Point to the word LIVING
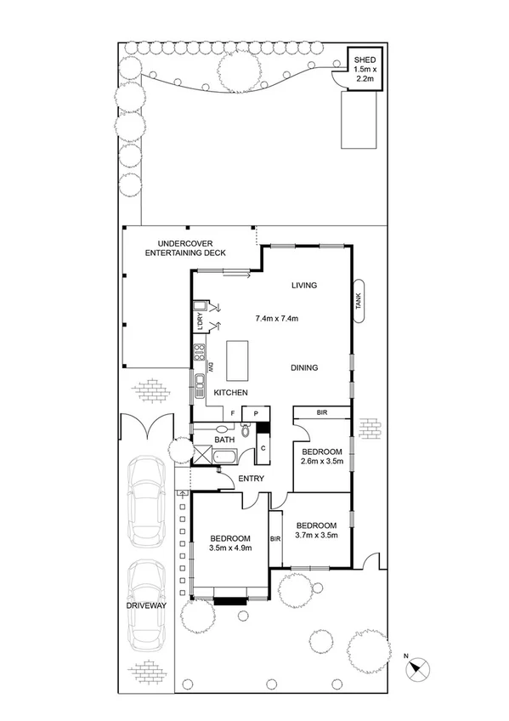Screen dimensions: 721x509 303,286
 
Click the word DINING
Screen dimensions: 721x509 303,368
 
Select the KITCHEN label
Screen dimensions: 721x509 230,393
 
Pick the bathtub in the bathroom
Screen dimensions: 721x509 226,457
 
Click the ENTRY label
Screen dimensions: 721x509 252,479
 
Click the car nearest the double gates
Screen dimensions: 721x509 145,496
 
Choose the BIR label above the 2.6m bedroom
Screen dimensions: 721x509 321,413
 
